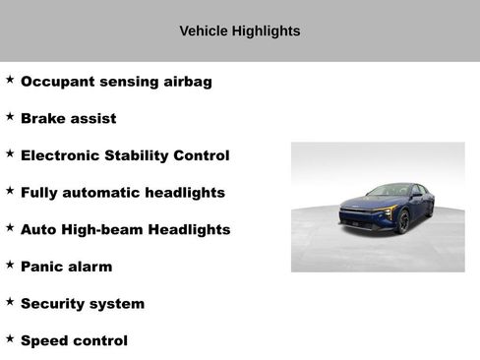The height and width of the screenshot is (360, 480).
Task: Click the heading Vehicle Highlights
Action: (240, 30)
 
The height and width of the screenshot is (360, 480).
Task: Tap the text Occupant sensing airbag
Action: (116, 82)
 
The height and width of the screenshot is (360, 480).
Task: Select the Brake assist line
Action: (68, 119)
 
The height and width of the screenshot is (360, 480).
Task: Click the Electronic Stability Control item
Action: (125, 155)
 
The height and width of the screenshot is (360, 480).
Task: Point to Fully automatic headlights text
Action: (123, 193)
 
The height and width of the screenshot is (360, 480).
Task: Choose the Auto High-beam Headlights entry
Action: (125, 229)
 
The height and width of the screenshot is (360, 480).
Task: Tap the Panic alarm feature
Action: (66, 267)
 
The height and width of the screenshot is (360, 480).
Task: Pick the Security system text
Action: (83, 304)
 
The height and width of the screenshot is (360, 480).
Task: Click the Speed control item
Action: (74, 341)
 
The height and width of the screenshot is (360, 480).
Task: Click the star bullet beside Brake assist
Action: (10, 116)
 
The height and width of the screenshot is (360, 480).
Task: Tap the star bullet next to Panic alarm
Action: (10, 264)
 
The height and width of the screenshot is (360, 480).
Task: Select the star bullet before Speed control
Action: (10, 338)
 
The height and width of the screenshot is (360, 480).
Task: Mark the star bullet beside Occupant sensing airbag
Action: (10, 79)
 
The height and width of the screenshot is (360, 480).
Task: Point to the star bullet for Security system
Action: (10, 301)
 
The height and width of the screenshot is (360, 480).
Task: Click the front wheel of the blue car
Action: (403, 222)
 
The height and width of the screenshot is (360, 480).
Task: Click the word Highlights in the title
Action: (267, 30)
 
